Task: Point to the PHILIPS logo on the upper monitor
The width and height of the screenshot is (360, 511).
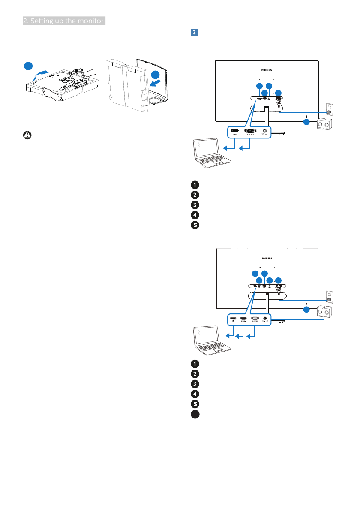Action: point(267,69)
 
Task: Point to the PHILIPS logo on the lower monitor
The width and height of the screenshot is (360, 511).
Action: point(267,259)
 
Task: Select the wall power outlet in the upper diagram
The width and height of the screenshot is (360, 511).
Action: point(329,110)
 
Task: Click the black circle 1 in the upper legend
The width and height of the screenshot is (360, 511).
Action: point(195,185)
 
